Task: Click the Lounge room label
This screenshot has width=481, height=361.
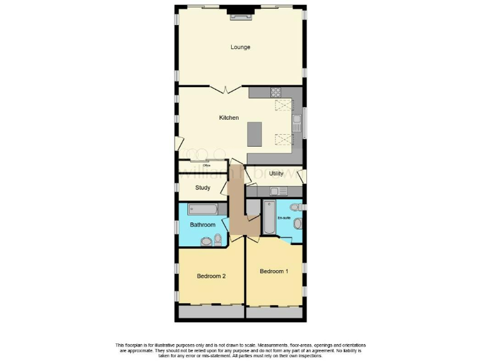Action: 240,47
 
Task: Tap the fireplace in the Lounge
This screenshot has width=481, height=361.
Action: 240,14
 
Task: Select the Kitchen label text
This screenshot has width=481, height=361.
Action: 229,118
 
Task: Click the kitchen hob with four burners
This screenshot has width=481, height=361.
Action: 276,93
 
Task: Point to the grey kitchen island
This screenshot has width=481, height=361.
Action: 255,133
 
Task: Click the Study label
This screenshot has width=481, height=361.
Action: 202,187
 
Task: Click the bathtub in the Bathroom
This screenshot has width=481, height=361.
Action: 202,209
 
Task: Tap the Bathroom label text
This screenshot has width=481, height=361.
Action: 203,225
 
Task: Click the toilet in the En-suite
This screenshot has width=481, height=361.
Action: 297,223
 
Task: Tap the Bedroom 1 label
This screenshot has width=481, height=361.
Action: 274,271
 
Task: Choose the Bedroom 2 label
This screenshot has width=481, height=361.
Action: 211,276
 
